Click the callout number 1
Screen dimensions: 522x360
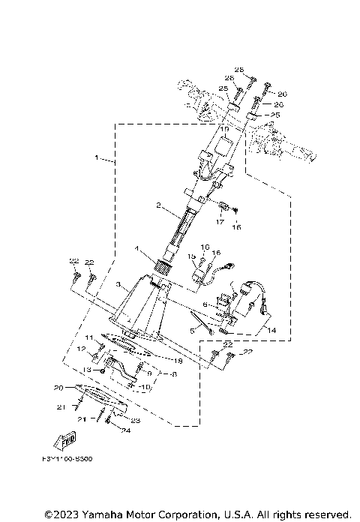pyautogui.click(x=97, y=159)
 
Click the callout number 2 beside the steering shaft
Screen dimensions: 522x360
pyautogui.click(x=157, y=205)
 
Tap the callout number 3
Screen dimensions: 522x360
pyautogui.click(x=118, y=286)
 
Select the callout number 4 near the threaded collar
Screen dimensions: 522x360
pyautogui.click(x=136, y=248)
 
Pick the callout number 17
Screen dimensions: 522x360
pyautogui.click(x=220, y=221)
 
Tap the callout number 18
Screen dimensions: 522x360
pyautogui.click(x=178, y=361)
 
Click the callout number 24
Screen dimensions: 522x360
pyautogui.click(x=126, y=430)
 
